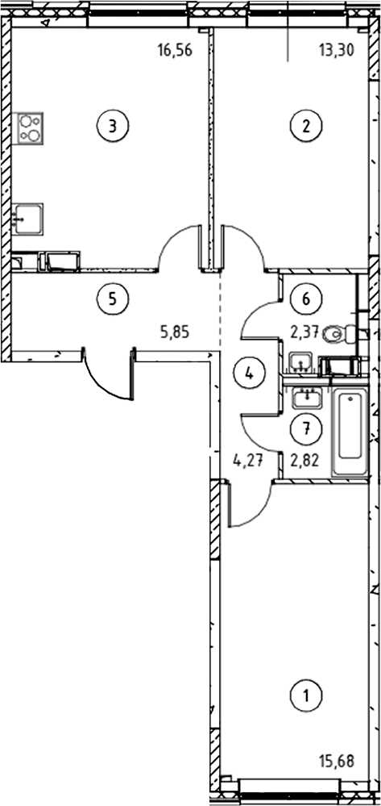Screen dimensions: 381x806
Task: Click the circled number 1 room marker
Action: click(x=306, y=696)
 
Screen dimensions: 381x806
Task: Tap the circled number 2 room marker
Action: click(x=306, y=125)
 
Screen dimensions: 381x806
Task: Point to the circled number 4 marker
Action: click(x=249, y=374)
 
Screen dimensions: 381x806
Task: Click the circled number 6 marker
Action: click(x=306, y=299)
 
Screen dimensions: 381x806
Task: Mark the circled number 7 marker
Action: click(x=306, y=428)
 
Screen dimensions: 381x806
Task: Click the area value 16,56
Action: click(x=175, y=51)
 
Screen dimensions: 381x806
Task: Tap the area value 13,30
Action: click(x=337, y=51)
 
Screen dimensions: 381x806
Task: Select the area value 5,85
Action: click(x=175, y=332)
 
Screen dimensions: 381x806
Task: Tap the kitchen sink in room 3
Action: click(x=28, y=219)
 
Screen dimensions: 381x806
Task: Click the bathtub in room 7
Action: click(x=350, y=432)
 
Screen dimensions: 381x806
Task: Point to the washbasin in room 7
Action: click(x=306, y=398)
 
